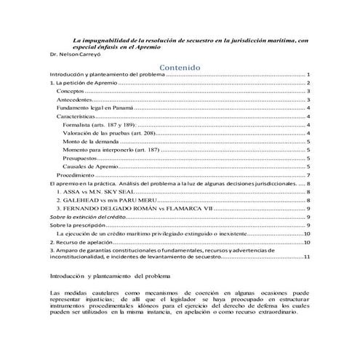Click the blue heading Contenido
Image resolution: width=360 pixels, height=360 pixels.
(x=180, y=66)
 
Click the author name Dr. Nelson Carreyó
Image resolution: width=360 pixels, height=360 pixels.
(x=65, y=55)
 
